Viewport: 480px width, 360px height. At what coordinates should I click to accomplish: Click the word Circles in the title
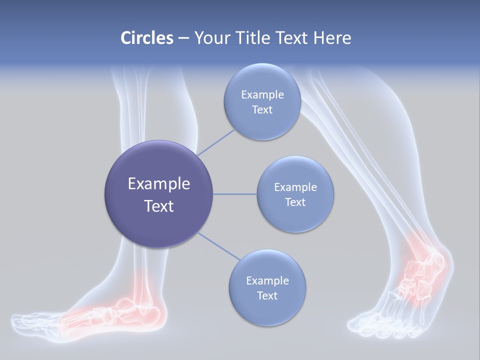(146, 37)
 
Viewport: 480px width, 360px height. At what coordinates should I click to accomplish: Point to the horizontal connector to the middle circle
(234, 194)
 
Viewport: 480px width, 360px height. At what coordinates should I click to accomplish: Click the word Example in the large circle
(158, 184)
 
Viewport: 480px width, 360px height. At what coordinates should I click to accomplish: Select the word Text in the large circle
(158, 206)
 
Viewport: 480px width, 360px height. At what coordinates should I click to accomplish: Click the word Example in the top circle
(262, 94)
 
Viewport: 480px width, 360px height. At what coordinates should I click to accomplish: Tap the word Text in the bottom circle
(267, 295)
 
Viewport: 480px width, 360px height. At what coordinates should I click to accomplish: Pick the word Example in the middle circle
(295, 187)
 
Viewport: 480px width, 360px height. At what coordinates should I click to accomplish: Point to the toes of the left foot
(30, 322)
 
